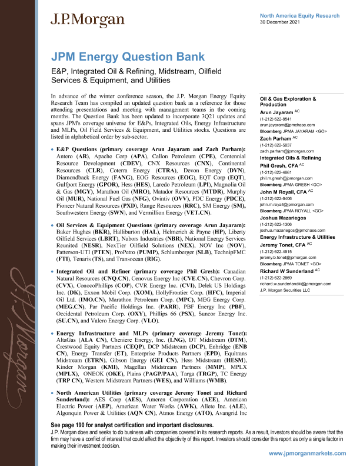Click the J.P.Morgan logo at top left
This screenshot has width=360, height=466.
click(87, 20)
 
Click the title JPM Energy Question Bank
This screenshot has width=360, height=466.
click(128, 57)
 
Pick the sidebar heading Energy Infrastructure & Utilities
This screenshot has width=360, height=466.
click(297, 237)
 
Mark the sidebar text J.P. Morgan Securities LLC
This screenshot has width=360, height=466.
click(285, 289)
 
